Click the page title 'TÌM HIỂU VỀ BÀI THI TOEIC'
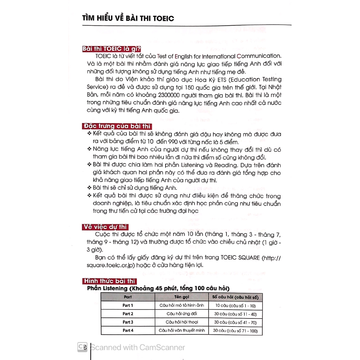(128, 18)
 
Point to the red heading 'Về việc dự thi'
(105, 227)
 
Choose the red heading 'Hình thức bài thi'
(109, 281)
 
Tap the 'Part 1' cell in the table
(128, 305)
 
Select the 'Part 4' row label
(128, 330)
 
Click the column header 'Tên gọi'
(182, 297)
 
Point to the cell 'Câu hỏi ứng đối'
(182, 314)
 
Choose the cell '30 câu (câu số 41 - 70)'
(236, 322)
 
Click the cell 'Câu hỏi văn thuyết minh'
(182, 330)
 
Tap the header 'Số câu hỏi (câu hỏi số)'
(236, 297)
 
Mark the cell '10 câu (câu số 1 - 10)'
(236, 306)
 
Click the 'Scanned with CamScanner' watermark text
(137, 347)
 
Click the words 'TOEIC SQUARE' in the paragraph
(240, 258)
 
